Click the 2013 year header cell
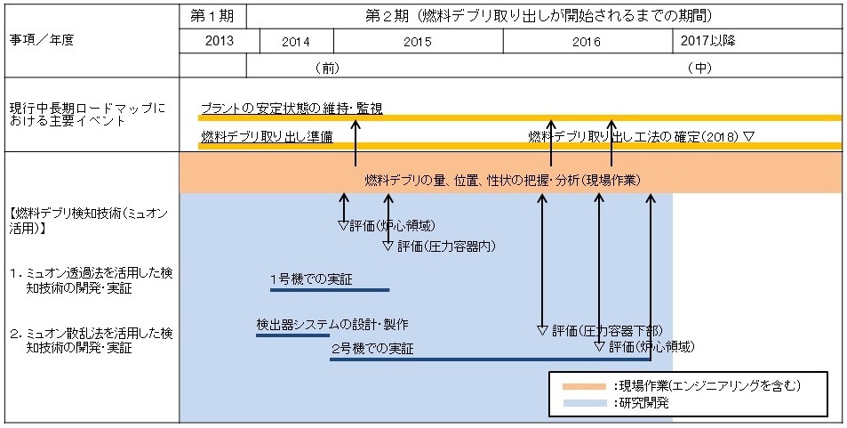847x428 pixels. (x=220, y=41)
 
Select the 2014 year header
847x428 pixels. (x=296, y=42)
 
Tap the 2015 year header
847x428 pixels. (x=418, y=42)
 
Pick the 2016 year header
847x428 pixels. (x=587, y=42)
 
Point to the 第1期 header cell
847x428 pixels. (x=212, y=16)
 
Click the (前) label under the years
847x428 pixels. (x=327, y=69)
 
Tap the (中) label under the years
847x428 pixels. (x=699, y=69)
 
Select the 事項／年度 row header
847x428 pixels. (x=41, y=41)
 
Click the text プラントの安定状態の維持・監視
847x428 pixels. (x=292, y=109)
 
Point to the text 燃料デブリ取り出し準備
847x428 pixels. (x=267, y=137)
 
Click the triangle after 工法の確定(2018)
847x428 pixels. (x=748, y=137)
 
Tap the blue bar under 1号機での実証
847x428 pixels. (x=330, y=290)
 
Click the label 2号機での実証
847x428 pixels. (x=372, y=349)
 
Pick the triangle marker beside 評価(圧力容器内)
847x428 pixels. (x=388, y=246)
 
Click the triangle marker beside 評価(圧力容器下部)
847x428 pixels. (x=543, y=329)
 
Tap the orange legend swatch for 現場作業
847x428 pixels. (x=585, y=386)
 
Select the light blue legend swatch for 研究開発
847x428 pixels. (x=585, y=403)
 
